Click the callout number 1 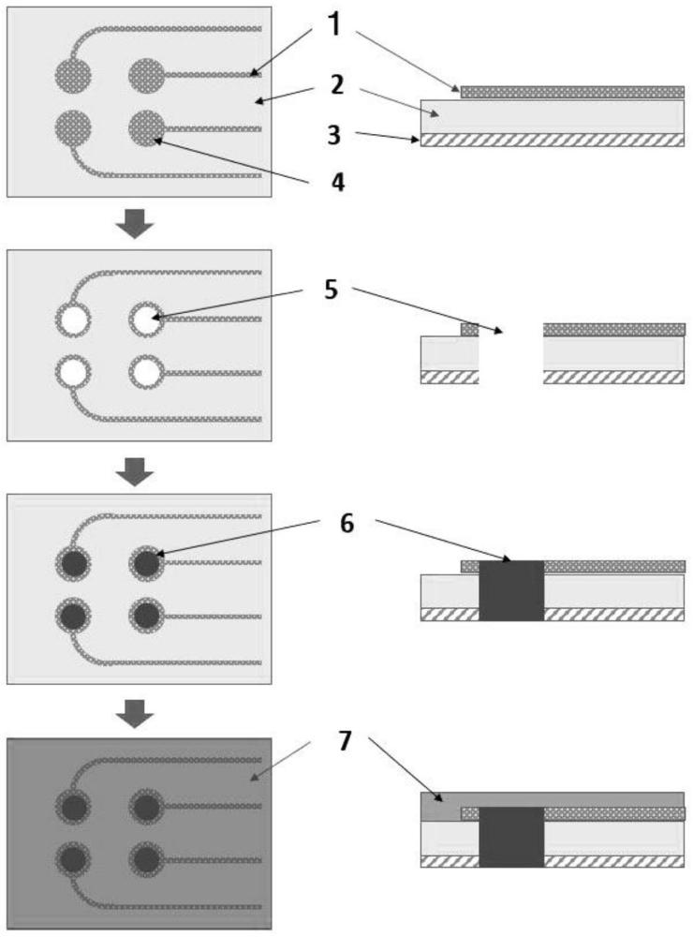(333, 25)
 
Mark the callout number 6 (346, 524)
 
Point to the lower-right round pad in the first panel (144, 127)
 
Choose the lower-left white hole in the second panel (73, 373)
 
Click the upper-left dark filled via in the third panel (73, 564)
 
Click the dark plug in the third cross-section (511, 591)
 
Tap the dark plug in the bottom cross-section (511, 836)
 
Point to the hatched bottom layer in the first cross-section (552, 140)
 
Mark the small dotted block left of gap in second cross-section (470, 330)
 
